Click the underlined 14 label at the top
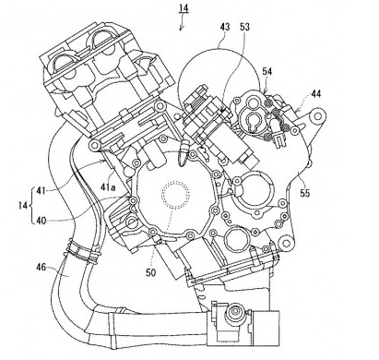coord(184,8)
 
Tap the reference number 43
coord(225,27)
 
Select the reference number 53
coord(244,27)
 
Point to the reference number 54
coord(267,72)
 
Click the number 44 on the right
coord(315,94)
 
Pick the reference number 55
coord(305,193)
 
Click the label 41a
coord(108,186)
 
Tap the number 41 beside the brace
coord(41,191)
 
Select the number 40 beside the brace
coord(41,221)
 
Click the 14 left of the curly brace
coord(23,206)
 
